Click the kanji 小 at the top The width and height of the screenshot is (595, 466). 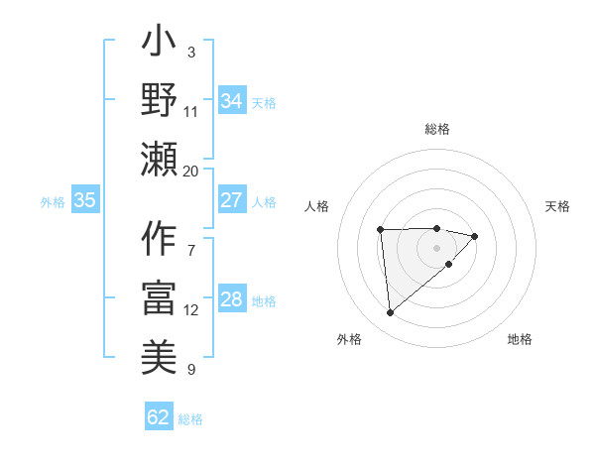point(160,46)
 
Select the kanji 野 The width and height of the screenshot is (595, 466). point(160,102)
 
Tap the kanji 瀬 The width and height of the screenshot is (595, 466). point(160,159)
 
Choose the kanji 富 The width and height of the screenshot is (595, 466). point(160,297)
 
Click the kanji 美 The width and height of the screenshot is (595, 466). point(160,354)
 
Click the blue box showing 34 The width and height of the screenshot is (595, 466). point(231,101)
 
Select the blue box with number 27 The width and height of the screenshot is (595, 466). point(231,200)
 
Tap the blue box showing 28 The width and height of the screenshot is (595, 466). point(231,300)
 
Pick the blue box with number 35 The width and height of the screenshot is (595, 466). point(84,200)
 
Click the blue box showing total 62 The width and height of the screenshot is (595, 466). point(159,417)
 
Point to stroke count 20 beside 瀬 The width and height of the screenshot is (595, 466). point(191,171)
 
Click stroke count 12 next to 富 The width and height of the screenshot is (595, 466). point(191,310)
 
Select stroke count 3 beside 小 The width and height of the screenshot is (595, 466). point(191,52)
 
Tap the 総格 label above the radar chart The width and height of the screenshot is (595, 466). point(436,129)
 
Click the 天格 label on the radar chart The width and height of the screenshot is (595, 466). point(557,206)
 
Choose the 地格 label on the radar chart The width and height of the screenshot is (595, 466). point(520,339)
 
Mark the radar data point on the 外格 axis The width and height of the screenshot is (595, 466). point(390,313)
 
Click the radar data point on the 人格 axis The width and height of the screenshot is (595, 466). point(380,230)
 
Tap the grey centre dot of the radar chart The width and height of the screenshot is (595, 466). point(436,247)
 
